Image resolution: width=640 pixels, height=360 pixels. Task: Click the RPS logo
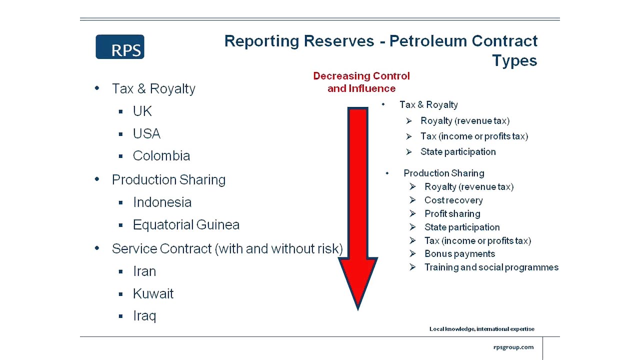(x=120, y=47)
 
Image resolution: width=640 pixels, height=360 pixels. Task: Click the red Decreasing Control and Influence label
(x=361, y=82)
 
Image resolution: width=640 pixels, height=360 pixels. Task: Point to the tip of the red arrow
(x=358, y=308)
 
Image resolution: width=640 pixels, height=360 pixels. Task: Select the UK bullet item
(x=142, y=111)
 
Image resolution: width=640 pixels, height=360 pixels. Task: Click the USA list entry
(x=146, y=134)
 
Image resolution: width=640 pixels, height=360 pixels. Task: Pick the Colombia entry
(x=161, y=156)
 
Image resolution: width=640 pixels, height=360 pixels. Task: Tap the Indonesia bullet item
(x=162, y=202)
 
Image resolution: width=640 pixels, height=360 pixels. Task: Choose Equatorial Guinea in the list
(x=186, y=225)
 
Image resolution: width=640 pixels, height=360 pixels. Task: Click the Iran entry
(x=144, y=271)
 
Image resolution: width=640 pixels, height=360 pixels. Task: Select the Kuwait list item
(x=153, y=294)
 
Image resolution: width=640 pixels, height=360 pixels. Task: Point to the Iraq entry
(x=144, y=316)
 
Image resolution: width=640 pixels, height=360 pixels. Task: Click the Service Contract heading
(x=227, y=249)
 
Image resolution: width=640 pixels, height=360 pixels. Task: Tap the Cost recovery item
(x=453, y=200)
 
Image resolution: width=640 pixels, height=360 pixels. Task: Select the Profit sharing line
(x=452, y=214)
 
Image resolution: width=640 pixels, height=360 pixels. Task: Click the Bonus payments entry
(x=459, y=254)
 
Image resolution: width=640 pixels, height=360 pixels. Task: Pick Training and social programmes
(x=491, y=267)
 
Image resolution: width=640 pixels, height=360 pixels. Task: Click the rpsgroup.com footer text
(x=513, y=347)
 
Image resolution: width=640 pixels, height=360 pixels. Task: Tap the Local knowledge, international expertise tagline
(x=481, y=329)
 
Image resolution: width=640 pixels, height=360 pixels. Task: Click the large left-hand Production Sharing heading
(x=168, y=180)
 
